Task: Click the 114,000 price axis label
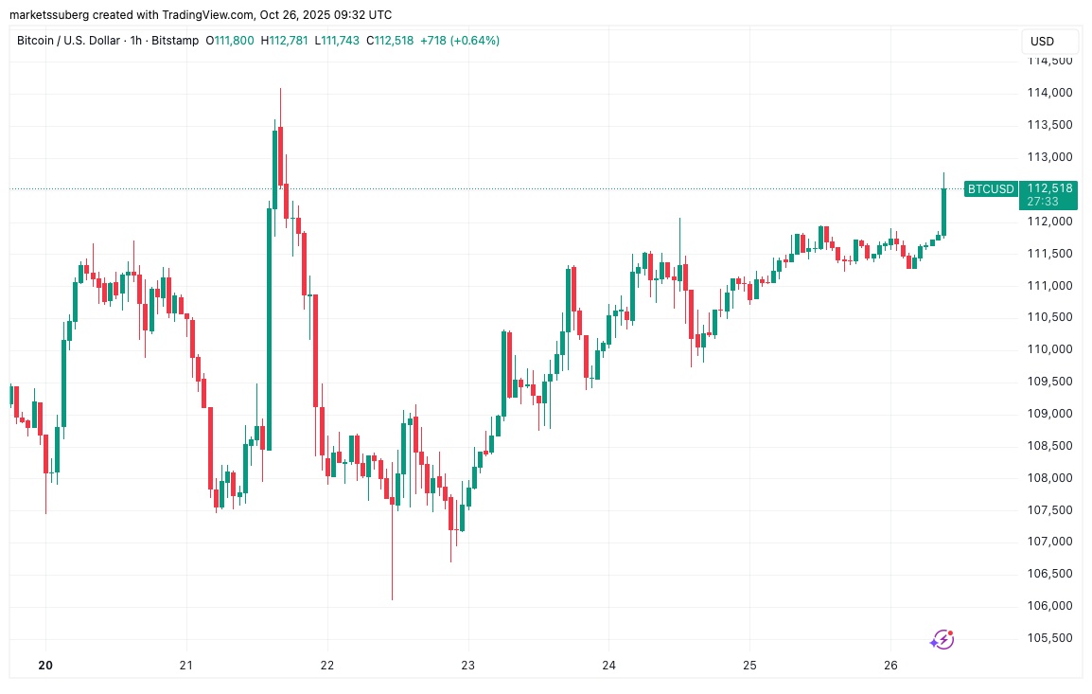tap(1048, 93)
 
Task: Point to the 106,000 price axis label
tap(1048, 606)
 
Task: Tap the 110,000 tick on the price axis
tap(1048, 349)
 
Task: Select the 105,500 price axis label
tap(1048, 638)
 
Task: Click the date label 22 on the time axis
tap(327, 666)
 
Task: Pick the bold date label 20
tap(44, 666)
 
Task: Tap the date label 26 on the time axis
tap(890, 666)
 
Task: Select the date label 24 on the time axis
tap(609, 666)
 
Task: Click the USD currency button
tap(1042, 42)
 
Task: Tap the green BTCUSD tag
tap(990, 189)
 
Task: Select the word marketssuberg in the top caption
tap(48, 14)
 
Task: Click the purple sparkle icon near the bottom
tap(942, 640)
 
